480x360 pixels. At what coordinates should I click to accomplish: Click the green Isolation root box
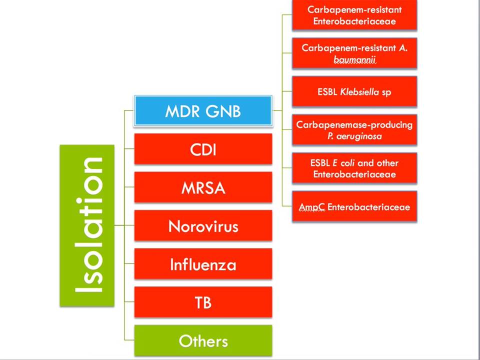coord(87,225)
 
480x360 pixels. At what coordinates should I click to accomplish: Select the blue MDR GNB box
coord(203,110)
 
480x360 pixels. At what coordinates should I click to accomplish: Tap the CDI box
coord(203,149)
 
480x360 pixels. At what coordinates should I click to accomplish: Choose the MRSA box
coord(203,187)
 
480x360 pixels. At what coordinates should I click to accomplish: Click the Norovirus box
coord(203,226)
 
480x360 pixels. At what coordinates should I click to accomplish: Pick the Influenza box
coord(203,264)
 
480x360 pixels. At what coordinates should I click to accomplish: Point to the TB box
coord(203,302)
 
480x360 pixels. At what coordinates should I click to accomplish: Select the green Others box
coord(203,340)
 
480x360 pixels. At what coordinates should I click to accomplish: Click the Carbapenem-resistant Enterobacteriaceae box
coord(354,15)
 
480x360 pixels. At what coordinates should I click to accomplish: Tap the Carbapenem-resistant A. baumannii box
coord(354,53)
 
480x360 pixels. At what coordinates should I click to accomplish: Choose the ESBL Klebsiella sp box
coord(354,92)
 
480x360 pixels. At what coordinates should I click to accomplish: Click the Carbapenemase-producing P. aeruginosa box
coord(354,130)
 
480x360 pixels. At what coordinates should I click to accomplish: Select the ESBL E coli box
coord(354,168)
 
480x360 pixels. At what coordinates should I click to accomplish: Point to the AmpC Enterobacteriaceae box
coord(354,206)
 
